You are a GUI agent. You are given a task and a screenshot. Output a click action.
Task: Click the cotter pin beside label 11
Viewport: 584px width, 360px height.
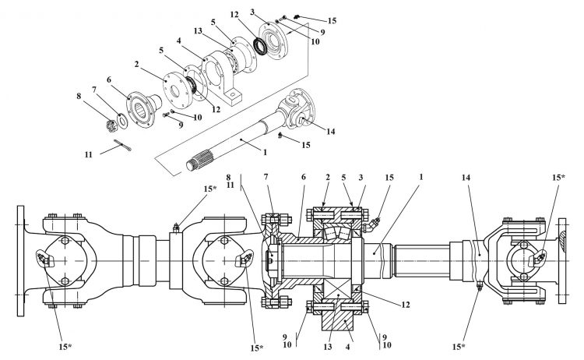coord(122,145)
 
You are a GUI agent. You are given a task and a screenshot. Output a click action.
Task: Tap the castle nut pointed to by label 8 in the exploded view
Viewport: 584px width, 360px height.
coord(111,125)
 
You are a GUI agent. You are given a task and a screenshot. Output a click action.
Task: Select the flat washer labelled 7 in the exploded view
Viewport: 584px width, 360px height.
coord(122,120)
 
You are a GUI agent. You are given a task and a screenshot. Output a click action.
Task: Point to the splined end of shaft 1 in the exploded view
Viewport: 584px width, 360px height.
coord(200,160)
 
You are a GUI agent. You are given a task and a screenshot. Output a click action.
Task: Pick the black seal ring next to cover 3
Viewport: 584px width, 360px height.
coord(260,44)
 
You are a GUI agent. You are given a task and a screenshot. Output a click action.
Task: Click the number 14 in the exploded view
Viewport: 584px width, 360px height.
coord(331,131)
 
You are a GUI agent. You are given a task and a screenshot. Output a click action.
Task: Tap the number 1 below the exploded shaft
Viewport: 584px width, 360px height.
coord(266,152)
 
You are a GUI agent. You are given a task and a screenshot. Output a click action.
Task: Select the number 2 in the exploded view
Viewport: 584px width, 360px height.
coord(137,64)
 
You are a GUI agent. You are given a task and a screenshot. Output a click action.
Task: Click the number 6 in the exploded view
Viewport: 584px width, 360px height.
coord(109,79)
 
